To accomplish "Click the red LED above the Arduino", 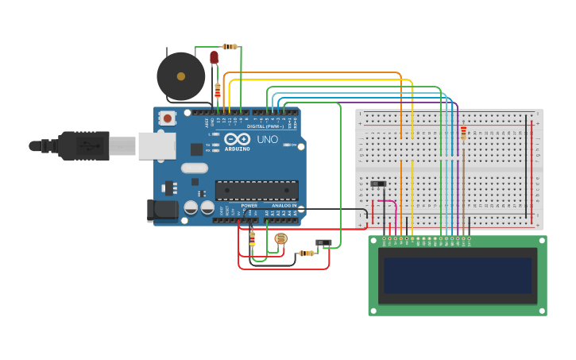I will tap(214, 57).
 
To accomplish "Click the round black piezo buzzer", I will tap(180, 76).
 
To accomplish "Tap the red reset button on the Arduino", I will tap(168, 118).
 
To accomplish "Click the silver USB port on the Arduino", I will tap(157, 145).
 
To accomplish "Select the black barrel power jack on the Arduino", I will tap(162, 210).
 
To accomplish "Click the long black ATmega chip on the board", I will tap(257, 191).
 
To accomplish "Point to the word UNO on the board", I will tap(267, 140).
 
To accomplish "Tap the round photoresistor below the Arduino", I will tap(280, 238).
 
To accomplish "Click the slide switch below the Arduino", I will tap(323, 243).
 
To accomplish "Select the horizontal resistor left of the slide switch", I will tap(306, 253).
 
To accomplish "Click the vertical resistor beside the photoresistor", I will tap(253, 238).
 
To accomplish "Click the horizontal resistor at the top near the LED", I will tap(230, 47).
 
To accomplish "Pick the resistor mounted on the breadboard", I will tap(463, 133).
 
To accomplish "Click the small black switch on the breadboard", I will tap(379, 184).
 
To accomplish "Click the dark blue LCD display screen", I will tap(457, 275).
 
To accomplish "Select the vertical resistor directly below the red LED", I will tap(218, 90).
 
